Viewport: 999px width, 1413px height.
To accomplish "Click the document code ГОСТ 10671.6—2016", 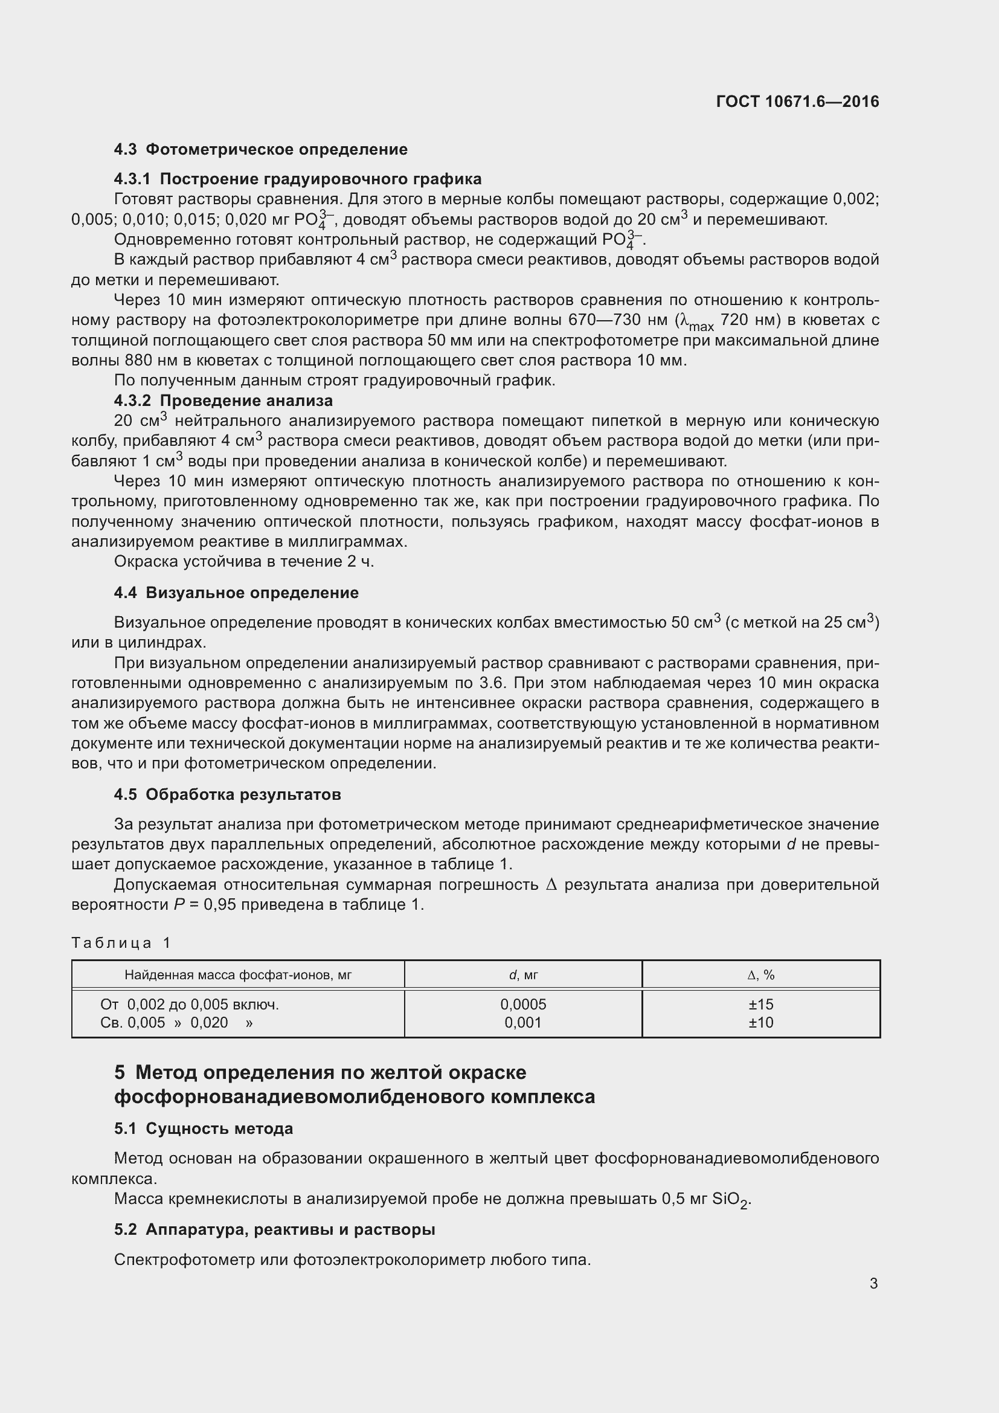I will (797, 101).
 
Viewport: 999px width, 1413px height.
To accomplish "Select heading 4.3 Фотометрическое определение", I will (261, 150).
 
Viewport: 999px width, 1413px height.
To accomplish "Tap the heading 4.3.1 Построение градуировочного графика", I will (298, 179).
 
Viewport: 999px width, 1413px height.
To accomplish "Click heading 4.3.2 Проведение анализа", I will (223, 401).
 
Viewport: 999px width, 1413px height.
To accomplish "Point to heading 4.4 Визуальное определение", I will (236, 593).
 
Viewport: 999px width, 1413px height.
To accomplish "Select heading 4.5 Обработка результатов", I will (228, 794).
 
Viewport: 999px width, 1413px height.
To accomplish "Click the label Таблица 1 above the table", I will (121, 943).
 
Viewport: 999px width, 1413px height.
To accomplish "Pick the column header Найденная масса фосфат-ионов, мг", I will (238, 975).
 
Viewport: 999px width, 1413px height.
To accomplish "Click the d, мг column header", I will (523, 975).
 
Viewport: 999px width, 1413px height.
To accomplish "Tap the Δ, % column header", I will (761, 975).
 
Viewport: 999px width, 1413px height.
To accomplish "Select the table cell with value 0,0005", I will (523, 1005).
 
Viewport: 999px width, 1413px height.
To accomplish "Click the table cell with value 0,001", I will (523, 1023).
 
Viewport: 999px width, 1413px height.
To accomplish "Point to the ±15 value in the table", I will (761, 1005).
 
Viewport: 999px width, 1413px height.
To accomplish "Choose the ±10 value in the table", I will (761, 1023).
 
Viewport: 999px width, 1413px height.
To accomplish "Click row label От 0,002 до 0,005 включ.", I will (190, 1005).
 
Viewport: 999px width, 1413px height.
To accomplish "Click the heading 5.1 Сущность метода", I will (204, 1128).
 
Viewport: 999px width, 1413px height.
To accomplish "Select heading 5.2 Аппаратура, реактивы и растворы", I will (275, 1229).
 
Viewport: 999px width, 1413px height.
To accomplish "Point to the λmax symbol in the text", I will (696, 322).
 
